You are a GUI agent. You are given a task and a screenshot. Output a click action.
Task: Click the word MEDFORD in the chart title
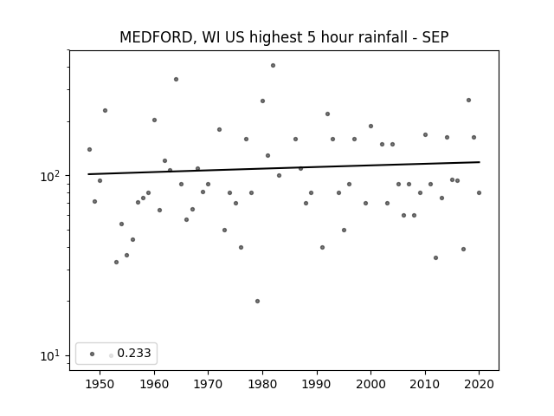[x=156, y=37]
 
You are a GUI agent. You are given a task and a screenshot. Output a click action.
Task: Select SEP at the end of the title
[x=435, y=37]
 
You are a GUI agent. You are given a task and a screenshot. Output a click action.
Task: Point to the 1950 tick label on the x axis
[x=100, y=384]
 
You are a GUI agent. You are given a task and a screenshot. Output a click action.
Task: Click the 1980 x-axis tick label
[x=262, y=384]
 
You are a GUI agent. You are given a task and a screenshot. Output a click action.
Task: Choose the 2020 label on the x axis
[x=479, y=384]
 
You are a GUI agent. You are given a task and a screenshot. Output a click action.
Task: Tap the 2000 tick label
[x=371, y=384]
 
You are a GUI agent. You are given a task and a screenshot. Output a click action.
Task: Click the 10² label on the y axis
[x=53, y=175]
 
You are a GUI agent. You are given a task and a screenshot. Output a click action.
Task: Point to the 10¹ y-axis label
[x=53, y=355]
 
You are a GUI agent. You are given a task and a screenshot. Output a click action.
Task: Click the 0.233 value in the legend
[x=134, y=353]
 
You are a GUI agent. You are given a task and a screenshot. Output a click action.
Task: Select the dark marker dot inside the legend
[x=93, y=354]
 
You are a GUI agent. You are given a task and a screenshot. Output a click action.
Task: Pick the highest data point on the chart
[x=274, y=66]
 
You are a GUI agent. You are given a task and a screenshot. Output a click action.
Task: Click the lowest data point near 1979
[x=257, y=301]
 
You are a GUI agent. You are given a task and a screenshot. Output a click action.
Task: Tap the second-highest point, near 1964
[x=176, y=79]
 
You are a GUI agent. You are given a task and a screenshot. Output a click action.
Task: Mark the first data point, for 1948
[x=89, y=149]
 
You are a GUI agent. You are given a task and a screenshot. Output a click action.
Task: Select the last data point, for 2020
[x=479, y=192]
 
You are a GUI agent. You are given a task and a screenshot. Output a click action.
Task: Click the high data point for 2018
[x=468, y=101]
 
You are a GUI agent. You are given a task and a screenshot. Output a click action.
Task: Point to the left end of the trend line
[x=88, y=174]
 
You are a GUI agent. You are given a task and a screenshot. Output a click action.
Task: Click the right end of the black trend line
[x=480, y=162]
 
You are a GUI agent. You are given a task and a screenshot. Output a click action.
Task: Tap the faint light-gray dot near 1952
[x=111, y=355]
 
